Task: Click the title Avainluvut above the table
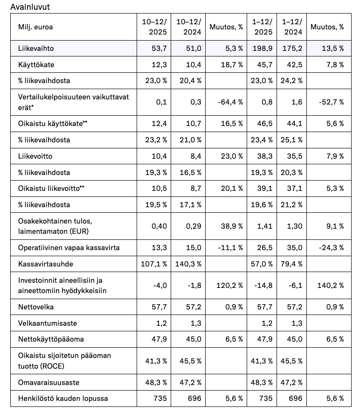[x=30, y=7]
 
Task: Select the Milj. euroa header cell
[x=35, y=27]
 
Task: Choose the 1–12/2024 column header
[x=292, y=27]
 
